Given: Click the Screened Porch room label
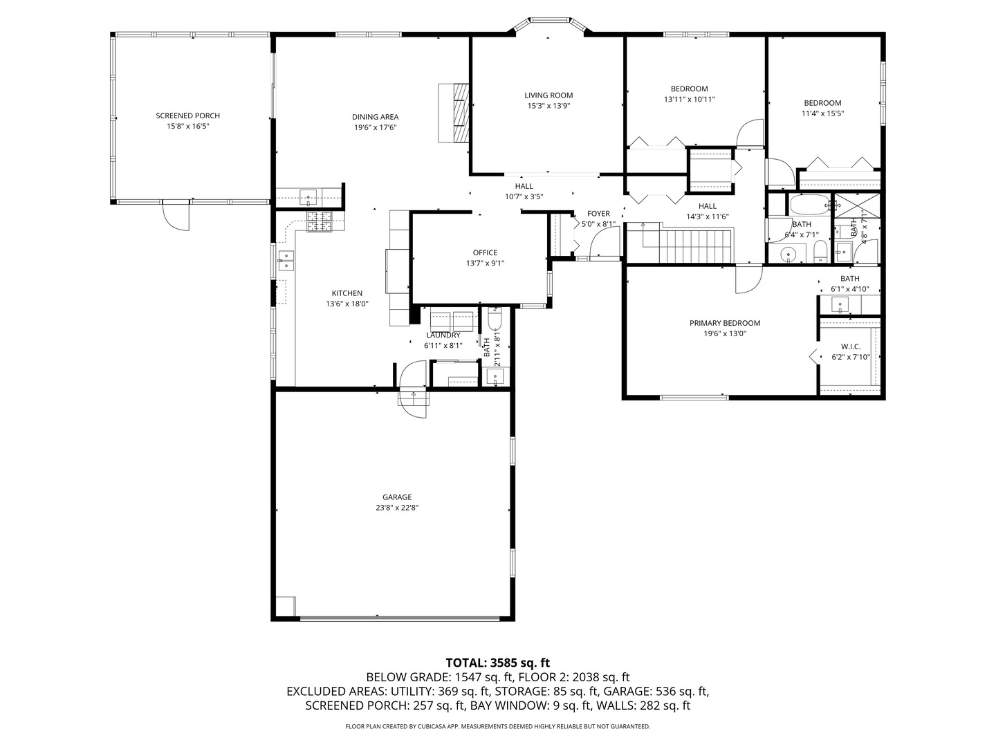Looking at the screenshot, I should tap(187, 116).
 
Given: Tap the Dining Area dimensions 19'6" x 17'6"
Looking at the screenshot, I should tap(375, 127).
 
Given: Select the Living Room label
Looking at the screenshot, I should tap(548, 95).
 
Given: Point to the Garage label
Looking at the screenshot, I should tap(397, 497).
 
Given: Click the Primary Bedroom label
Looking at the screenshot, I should tap(724, 323).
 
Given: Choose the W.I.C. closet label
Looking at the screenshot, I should tap(850, 347).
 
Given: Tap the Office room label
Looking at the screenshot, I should tap(485, 252).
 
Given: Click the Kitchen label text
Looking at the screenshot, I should tap(347, 293).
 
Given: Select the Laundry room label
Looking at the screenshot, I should tap(443, 335).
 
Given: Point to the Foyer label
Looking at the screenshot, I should tap(598, 214).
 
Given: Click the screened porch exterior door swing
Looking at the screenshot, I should tap(176, 216).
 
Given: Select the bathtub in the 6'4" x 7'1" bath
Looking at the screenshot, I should tap(809, 205).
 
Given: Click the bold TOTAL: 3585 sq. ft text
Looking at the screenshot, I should tap(497, 663).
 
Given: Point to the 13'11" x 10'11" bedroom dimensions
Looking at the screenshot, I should tap(689, 100).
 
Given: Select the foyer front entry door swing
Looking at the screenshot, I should tap(606, 243).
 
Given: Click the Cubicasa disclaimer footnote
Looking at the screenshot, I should tap(497, 726).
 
